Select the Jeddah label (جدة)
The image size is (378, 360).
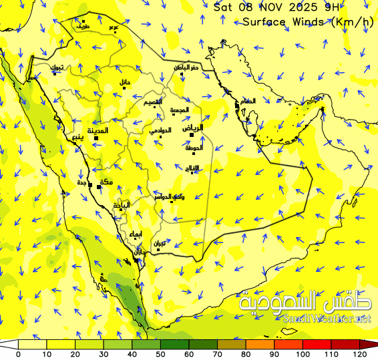point(82,182)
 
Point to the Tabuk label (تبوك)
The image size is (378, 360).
point(58,67)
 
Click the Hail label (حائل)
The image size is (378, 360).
point(124,82)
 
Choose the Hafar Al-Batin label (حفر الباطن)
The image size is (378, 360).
point(186,67)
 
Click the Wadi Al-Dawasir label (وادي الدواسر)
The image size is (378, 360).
point(170,196)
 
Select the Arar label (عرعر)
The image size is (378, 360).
point(114,27)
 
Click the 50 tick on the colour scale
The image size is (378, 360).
point(160,354)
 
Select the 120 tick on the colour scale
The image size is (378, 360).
point(359,354)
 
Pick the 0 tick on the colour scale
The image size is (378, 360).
point(18,354)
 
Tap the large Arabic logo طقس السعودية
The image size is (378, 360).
point(305,303)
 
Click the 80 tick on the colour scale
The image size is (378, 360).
point(246,354)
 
